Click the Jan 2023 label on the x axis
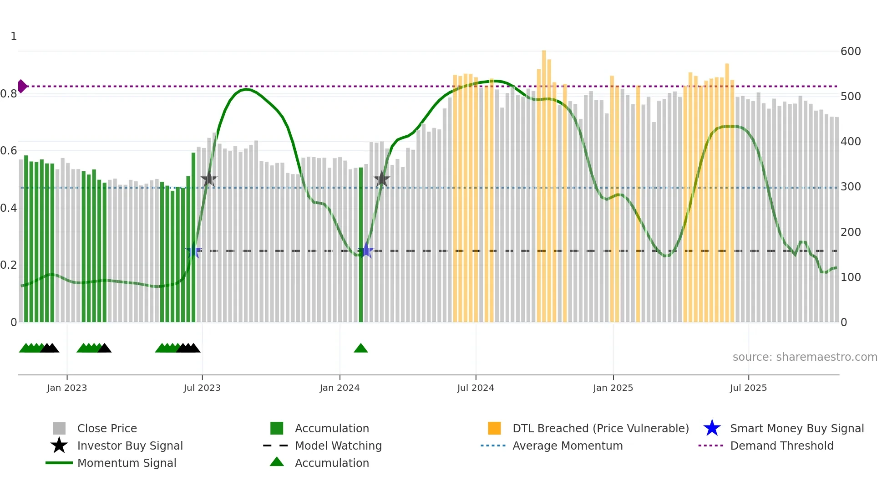tap(67, 388)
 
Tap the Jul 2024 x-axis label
tap(476, 388)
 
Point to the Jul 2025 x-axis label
tap(748, 388)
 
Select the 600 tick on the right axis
tap(851, 51)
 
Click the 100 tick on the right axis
tap(851, 277)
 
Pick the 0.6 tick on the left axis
tap(9, 151)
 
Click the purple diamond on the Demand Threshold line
tap(22, 86)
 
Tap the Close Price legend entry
tap(107, 428)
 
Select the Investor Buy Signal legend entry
tap(130, 446)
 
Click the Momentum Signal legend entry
tap(127, 463)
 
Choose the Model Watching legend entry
tap(338, 446)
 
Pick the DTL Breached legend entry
tap(600, 428)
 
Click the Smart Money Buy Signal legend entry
tap(796, 428)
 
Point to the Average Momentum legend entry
tap(567, 446)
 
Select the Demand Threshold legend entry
tap(781, 446)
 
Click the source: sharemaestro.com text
tap(805, 357)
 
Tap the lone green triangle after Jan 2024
tap(361, 348)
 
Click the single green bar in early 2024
tap(361, 246)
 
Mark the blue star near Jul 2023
tap(193, 251)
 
